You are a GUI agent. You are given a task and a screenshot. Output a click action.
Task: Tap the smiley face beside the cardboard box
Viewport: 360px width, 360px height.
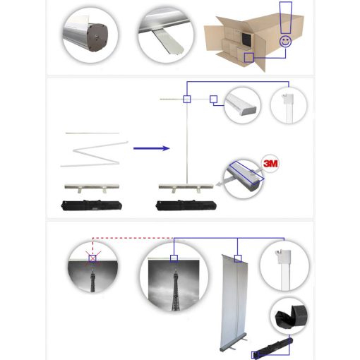pos(285,42)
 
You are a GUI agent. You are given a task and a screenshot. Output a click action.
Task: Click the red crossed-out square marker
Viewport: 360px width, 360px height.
pos(92,258)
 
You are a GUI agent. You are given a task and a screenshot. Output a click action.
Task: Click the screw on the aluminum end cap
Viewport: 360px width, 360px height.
pos(95,32)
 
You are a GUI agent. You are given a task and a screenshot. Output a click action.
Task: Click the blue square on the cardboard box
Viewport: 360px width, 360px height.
pos(248,56)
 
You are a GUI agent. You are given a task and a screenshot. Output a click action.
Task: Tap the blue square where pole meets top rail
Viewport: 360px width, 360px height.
pos(186,99)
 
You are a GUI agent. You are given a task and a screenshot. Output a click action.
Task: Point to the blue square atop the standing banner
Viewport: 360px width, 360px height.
pos(238,258)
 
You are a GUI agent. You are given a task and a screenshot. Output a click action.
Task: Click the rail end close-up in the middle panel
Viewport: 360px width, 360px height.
pos(242,105)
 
